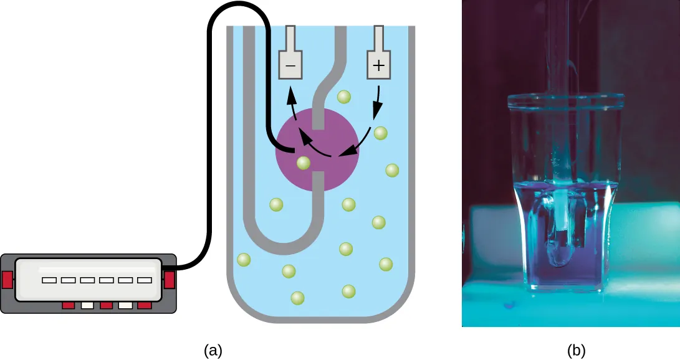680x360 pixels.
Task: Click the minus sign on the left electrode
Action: [x=290, y=65]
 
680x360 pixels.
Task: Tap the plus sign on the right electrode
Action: [x=378, y=65]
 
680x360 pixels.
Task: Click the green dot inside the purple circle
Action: [x=304, y=163]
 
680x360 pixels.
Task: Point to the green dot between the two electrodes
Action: [x=343, y=97]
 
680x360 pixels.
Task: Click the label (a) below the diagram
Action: [x=213, y=351]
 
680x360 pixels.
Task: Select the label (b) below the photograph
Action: [x=577, y=351]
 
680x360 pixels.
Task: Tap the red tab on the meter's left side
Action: [x=7, y=280]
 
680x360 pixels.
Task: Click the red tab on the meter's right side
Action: [x=169, y=280]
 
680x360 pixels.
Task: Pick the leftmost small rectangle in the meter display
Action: [x=49, y=280]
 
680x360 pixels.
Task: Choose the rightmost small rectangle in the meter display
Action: [x=145, y=280]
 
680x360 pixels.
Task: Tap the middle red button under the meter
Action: [x=107, y=306]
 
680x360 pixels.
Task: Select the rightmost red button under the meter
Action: [x=145, y=306]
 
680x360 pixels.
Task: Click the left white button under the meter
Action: [x=87, y=306]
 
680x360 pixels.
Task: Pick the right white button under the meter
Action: [x=126, y=306]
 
